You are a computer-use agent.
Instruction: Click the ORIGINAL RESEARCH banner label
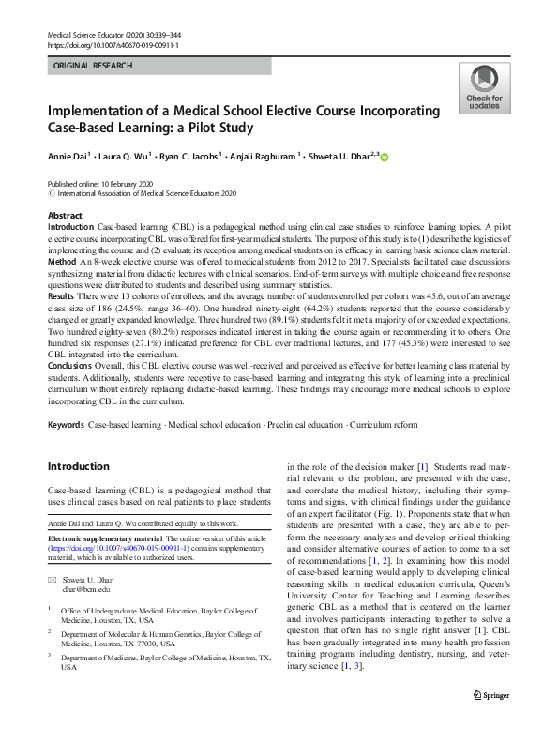pyautogui.click(x=91, y=67)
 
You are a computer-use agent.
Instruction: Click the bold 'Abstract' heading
pyautogui.click(x=65, y=216)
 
